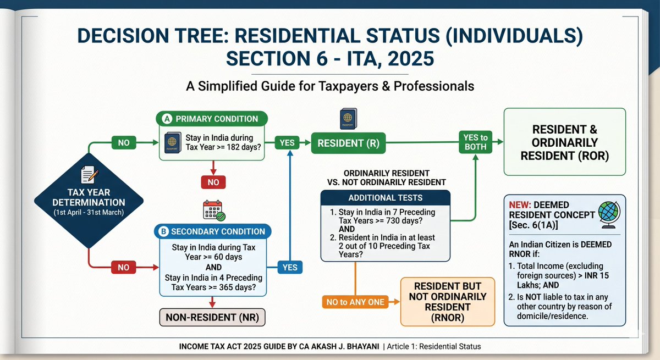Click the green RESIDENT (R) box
coord(348,143)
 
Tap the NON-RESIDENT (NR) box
coord(212,317)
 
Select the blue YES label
coord(290,267)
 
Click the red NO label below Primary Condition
coord(213,182)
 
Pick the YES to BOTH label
coord(475,142)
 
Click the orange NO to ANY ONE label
coord(355,302)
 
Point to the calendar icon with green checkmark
coord(214,211)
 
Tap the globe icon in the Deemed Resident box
coord(609,215)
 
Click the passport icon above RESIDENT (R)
coord(348,119)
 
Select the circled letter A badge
coord(167,119)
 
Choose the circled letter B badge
coord(163,231)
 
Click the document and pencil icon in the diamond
coord(89,175)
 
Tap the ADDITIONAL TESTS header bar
coord(386,198)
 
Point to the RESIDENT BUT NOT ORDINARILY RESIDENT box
coord(448,302)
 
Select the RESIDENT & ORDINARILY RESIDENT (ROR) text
coord(564,142)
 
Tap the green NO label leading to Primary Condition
coord(124,143)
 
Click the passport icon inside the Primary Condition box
coord(173,142)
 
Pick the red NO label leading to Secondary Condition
coord(123,267)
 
